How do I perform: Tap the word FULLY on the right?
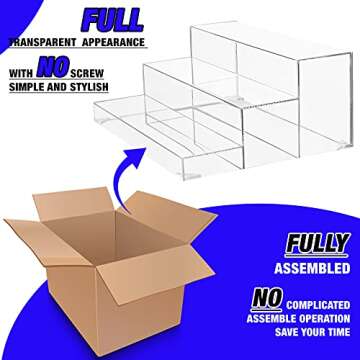pos(317,244)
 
